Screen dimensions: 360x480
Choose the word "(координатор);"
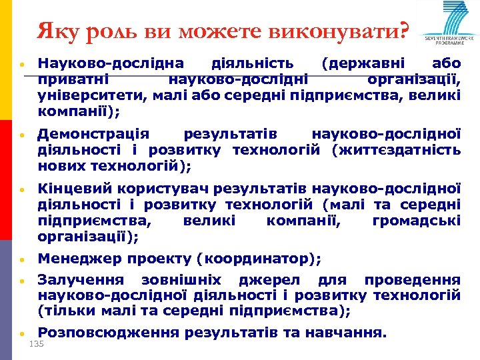[x=263, y=259]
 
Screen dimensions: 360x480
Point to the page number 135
[x=37, y=344]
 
